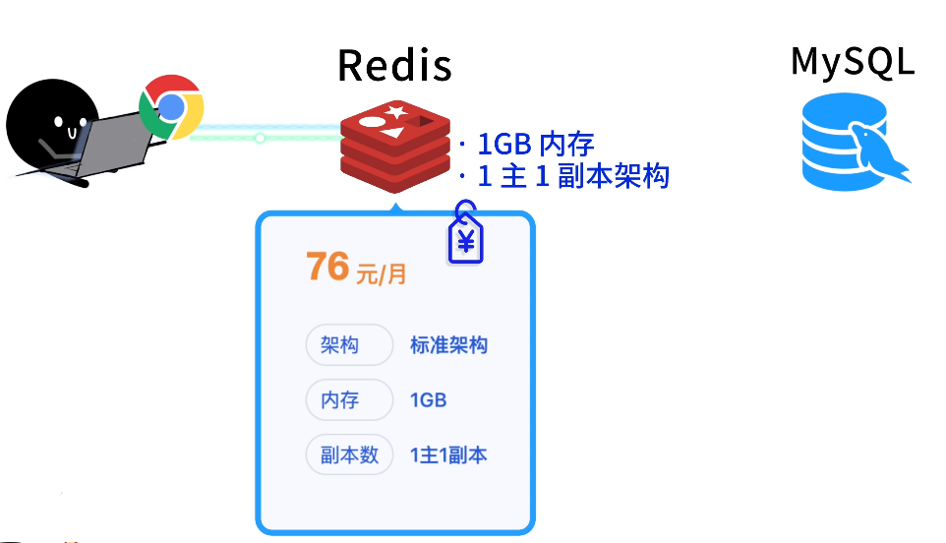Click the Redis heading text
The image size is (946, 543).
(394, 66)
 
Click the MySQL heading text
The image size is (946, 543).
(853, 61)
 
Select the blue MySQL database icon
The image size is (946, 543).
(851, 144)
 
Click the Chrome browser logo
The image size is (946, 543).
(171, 106)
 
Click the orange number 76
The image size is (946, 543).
(327, 267)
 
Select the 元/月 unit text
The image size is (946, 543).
(381, 274)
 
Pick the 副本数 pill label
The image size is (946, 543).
(349, 455)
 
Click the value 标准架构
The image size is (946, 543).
(448, 345)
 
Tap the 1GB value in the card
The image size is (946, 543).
(429, 400)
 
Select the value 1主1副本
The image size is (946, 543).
(448, 455)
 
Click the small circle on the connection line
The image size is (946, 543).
(260, 138)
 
